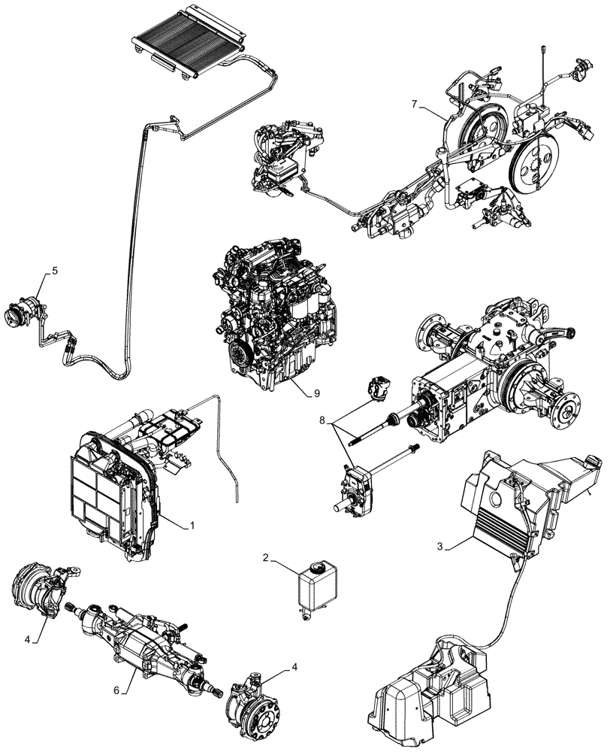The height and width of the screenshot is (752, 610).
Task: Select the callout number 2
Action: click(265, 558)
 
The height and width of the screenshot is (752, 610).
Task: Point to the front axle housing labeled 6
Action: click(143, 632)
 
